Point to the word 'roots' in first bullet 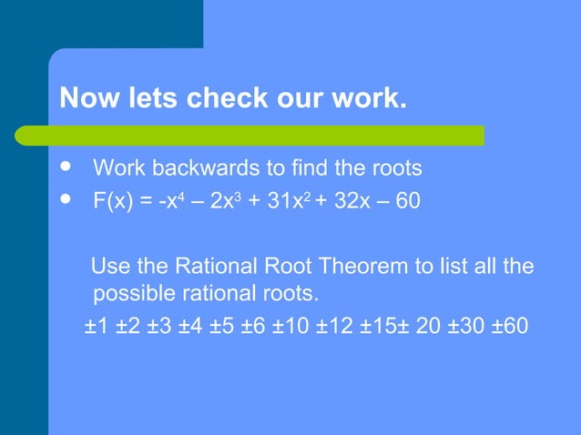click(394, 168)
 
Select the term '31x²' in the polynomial click(290, 200)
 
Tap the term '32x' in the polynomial click(350, 200)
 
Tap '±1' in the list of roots click(97, 325)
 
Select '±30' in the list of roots click(460, 325)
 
